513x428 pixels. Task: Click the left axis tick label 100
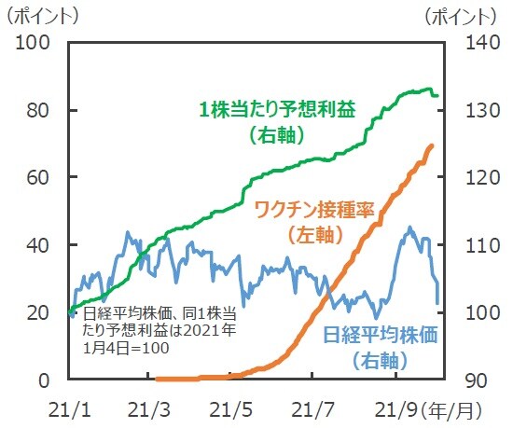(34, 43)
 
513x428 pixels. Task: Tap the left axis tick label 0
(44, 380)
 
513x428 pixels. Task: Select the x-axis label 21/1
(67, 409)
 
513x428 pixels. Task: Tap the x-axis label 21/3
(150, 409)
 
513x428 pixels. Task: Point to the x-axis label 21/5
(233, 409)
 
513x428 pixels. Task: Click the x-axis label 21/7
(316, 409)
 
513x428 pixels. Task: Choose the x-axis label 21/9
(396, 409)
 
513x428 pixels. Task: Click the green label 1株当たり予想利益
(277, 109)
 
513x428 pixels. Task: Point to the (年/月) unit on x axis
(454, 409)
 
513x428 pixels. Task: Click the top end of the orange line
(432, 145)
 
